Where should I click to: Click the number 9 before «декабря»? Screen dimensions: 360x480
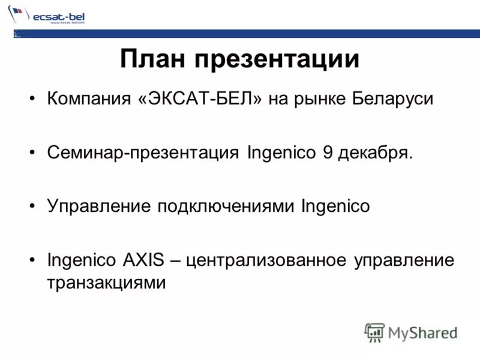point(328,152)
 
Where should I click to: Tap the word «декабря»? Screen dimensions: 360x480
point(376,153)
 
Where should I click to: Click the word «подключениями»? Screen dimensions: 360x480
point(226,207)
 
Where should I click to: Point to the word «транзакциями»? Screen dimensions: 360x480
point(106,282)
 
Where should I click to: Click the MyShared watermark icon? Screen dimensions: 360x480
point(375,332)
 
